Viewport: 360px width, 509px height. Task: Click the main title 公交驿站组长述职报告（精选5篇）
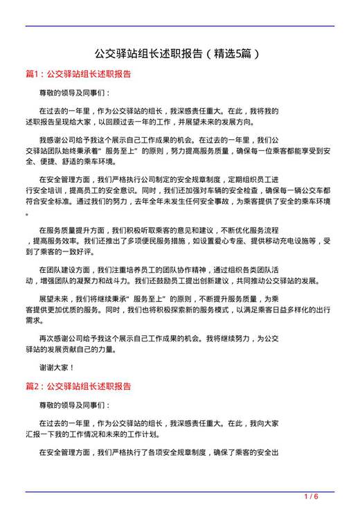[179, 53]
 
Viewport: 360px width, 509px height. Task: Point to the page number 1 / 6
[311, 497]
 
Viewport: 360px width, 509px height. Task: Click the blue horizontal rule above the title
[179, 26]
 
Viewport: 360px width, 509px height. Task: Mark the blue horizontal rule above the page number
[179, 491]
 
